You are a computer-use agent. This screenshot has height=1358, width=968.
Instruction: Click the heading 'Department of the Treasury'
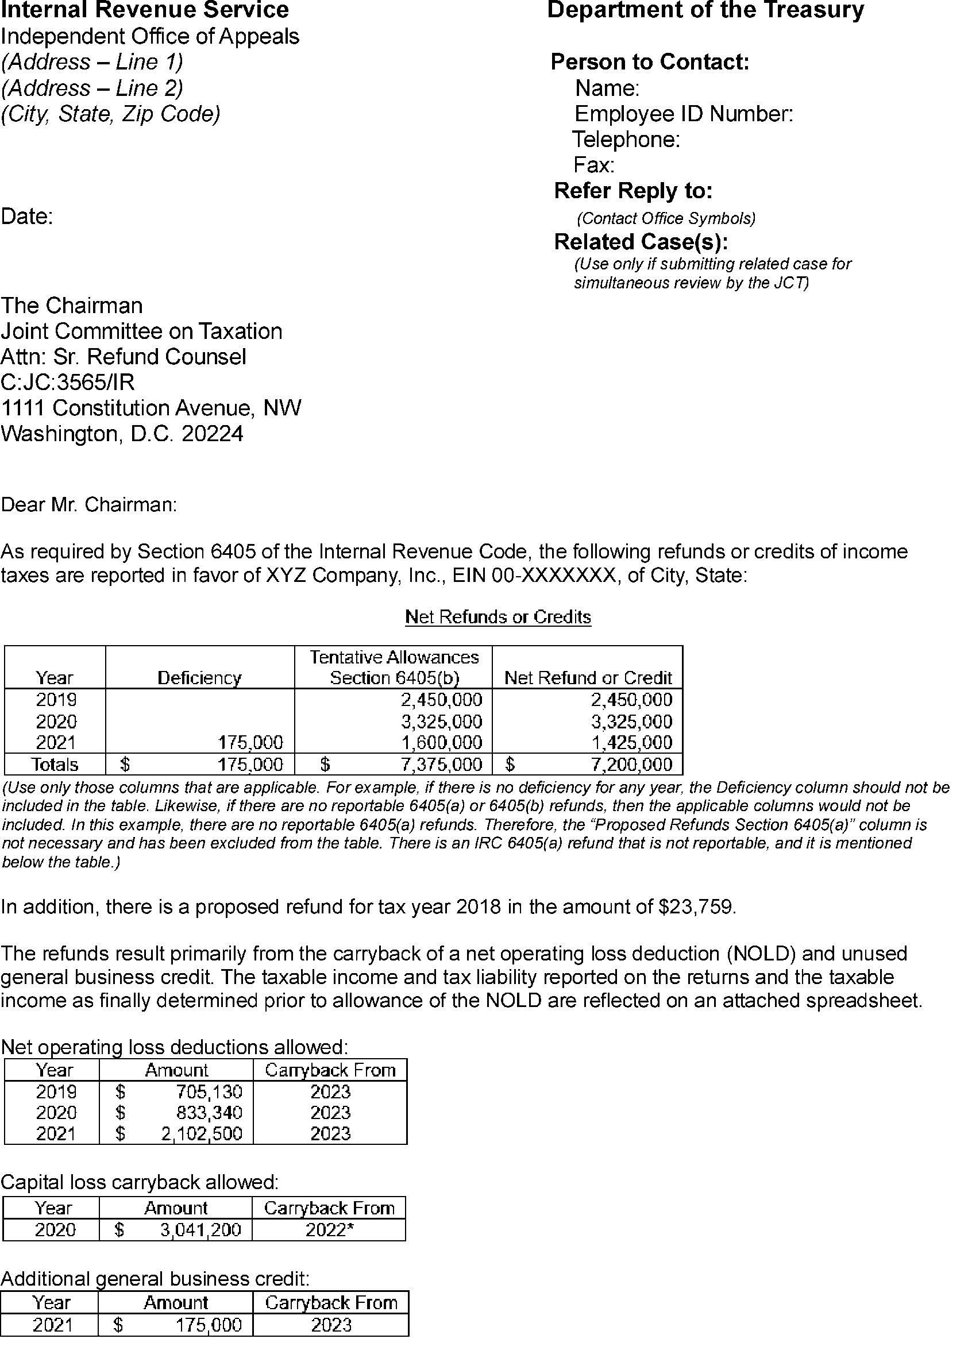pyautogui.click(x=705, y=11)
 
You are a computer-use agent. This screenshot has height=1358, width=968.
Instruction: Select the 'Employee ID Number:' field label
pyautogui.click(x=683, y=114)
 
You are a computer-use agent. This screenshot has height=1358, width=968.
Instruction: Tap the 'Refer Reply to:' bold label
pyautogui.click(x=633, y=191)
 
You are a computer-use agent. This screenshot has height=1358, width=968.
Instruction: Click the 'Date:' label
pyautogui.click(x=27, y=217)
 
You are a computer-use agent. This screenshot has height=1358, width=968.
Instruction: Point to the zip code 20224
pyautogui.click(x=212, y=434)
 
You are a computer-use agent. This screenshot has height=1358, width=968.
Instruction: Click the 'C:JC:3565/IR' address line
pyautogui.click(x=67, y=382)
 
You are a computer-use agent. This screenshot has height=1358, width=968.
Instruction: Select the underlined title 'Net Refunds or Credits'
pyautogui.click(x=498, y=617)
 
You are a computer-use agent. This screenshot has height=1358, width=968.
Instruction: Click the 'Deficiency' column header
pyautogui.click(x=199, y=677)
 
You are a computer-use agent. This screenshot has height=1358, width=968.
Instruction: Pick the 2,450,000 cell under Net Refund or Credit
pyautogui.click(x=631, y=700)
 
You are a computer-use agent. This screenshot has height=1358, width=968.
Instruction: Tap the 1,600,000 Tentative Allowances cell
pyautogui.click(x=441, y=742)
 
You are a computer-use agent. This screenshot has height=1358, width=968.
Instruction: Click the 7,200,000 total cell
pyautogui.click(x=631, y=765)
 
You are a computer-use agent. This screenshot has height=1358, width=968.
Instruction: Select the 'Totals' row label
pyautogui.click(x=55, y=765)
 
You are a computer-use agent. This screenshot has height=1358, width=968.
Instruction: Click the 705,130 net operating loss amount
pyautogui.click(x=209, y=1091)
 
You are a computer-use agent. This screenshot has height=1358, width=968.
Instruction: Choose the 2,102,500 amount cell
pyautogui.click(x=202, y=1133)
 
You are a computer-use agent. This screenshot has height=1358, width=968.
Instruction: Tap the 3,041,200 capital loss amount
pyautogui.click(x=200, y=1230)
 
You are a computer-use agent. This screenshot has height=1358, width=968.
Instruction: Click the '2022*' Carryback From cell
pyautogui.click(x=330, y=1230)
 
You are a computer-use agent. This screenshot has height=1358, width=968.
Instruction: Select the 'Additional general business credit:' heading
pyautogui.click(x=155, y=1279)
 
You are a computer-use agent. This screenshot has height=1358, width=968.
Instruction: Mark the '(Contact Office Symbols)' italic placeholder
pyautogui.click(x=666, y=219)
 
